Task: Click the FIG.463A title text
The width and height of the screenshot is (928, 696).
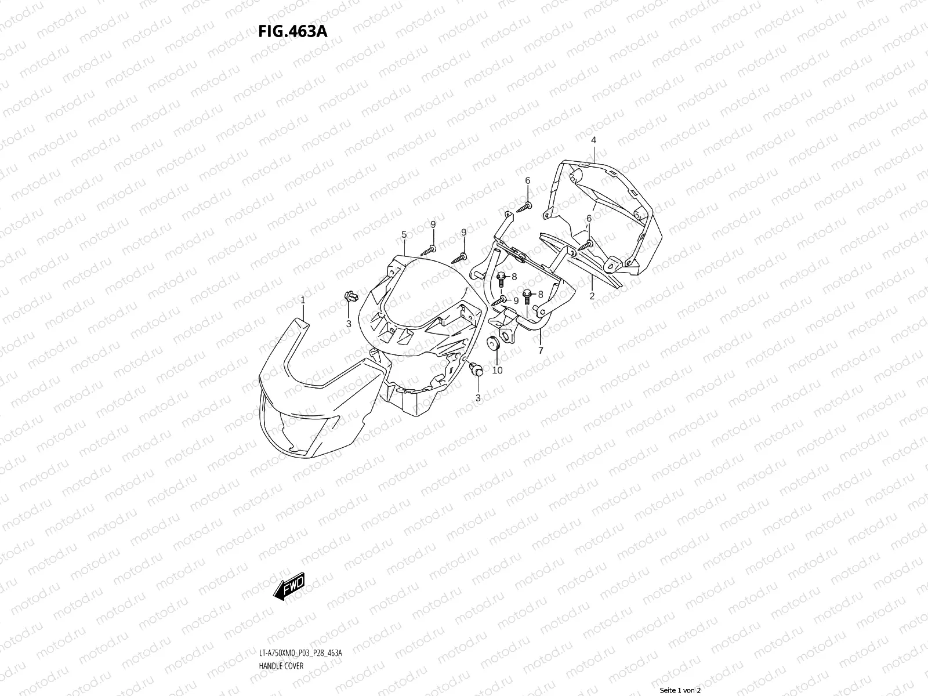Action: pos(292,31)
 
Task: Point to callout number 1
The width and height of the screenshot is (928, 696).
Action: pos(303,300)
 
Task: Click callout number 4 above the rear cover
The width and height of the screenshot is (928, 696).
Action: pos(593,140)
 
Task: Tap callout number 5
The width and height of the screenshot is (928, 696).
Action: pos(404,234)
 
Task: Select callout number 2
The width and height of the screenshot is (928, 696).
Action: pos(592,296)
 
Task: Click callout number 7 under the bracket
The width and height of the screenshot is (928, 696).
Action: pos(541,350)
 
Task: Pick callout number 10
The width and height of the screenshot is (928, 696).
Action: pos(497,370)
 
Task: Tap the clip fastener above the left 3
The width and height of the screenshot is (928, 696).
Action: pos(350,298)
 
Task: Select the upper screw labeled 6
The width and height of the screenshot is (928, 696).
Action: pos(527,204)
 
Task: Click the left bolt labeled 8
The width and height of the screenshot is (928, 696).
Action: pos(502,278)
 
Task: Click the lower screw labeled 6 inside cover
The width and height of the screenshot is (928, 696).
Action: pos(585,246)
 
